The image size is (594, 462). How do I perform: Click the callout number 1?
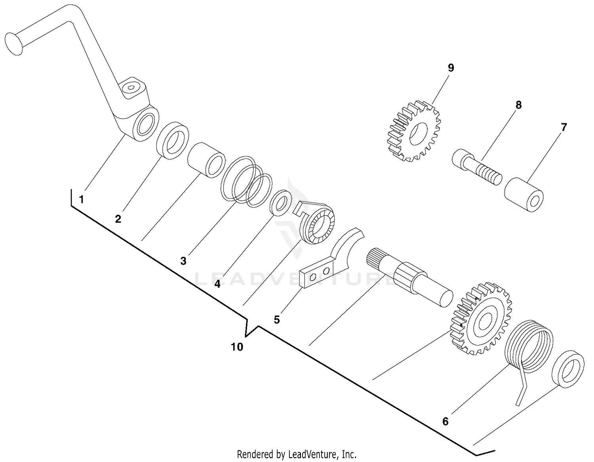tap(81, 199)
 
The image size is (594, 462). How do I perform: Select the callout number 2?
tap(118, 219)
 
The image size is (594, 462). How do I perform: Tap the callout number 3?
tap(183, 261)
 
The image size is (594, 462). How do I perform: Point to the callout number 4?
tap(217, 284)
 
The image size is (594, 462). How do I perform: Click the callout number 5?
tap(276, 319)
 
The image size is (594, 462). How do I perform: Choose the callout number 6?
tap(445, 422)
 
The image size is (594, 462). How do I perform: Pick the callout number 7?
tap(564, 128)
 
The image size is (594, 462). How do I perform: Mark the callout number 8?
tap(518, 105)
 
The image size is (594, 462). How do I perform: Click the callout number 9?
tap(451, 68)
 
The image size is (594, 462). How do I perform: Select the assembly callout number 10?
tap(237, 347)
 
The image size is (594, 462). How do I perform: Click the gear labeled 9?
tap(413, 131)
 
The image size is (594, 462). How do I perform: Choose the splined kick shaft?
tap(412, 277)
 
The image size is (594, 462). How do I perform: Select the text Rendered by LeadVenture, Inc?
tap(297, 454)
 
